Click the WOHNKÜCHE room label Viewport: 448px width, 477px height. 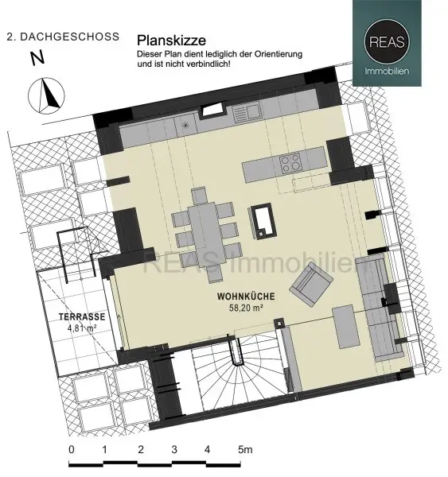click(x=246, y=297)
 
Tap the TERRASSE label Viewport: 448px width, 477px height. click(x=82, y=316)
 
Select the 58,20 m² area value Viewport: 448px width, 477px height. click(x=246, y=308)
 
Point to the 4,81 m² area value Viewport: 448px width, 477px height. click(x=82, y=328)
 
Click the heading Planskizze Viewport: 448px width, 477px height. click(x=171, y=41)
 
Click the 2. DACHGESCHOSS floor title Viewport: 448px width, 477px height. click(x=63, y=37)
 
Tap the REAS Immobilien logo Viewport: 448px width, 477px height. click(x=387, y=43)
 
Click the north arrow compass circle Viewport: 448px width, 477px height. click(x=46, y=95)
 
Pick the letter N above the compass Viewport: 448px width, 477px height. click(x=37, y=58)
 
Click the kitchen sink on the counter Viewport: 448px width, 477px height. click(x=247, y=112)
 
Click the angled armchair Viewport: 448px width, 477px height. click(x=311, y=284)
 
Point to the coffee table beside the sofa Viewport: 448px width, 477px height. click(x=347, y=327)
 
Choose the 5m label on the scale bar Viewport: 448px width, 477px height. click(x=245, y=449)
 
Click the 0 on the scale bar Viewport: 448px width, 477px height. click(x=72, y=449)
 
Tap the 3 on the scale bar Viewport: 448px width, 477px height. click(x=174, y=449)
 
